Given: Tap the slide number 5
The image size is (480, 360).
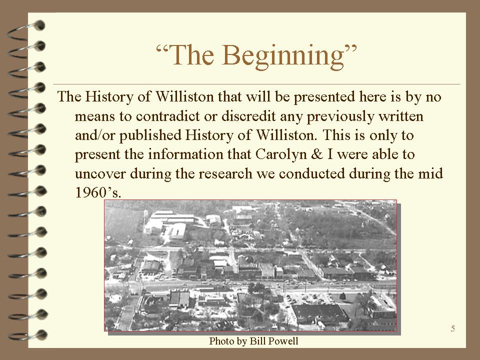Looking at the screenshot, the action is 453,329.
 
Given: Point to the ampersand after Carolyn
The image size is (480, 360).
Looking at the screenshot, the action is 317,154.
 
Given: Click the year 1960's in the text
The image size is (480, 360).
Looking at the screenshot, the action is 98,192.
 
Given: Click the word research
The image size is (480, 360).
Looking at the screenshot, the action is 225,173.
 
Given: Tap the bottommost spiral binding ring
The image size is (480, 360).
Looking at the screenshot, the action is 27,335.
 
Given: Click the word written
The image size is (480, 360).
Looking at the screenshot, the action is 401,116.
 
